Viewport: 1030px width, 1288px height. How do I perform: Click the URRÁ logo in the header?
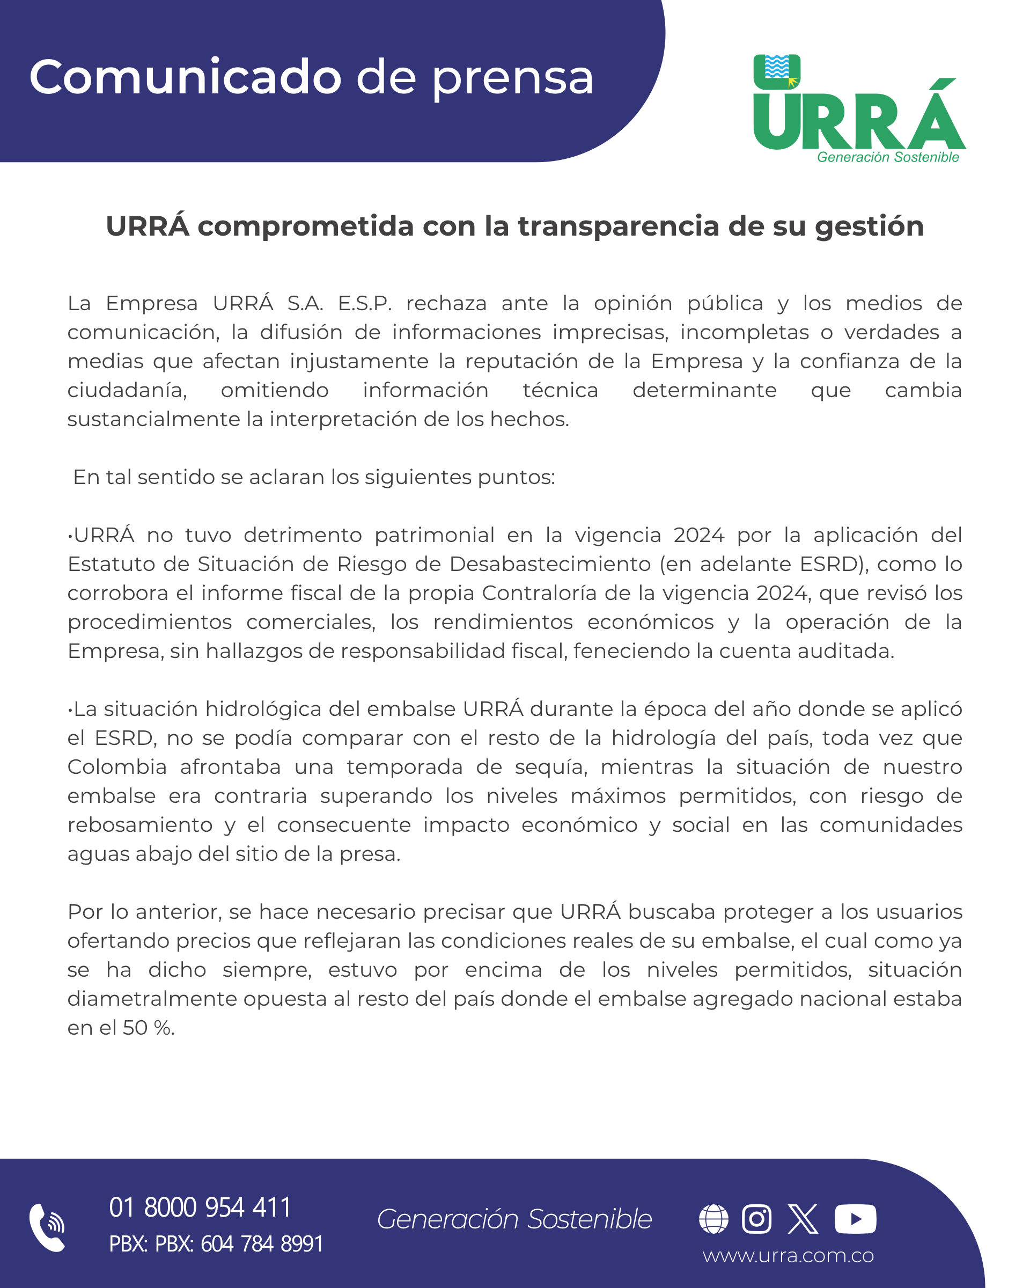859,109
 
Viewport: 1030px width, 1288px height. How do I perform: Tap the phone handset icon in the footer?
47,1228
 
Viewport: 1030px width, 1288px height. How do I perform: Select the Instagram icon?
756,1219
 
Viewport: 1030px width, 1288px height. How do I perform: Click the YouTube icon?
855,1219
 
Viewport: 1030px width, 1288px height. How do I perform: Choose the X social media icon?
803,1219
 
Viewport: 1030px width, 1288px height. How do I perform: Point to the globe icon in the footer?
713,1219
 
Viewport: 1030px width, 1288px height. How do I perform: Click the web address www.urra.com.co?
788,1256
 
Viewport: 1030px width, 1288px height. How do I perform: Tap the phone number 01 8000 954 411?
200,1207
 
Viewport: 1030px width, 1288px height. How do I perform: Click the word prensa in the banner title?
512,78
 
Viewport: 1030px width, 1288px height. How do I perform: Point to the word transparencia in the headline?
618,226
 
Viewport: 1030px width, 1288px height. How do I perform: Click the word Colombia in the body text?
117,767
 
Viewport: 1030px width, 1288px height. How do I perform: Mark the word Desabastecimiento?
550,564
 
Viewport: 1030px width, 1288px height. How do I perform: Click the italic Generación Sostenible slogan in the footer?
514,1219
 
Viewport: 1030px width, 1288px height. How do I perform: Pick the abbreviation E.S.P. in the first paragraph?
364,303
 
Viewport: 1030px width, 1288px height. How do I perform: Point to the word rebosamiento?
139,825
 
